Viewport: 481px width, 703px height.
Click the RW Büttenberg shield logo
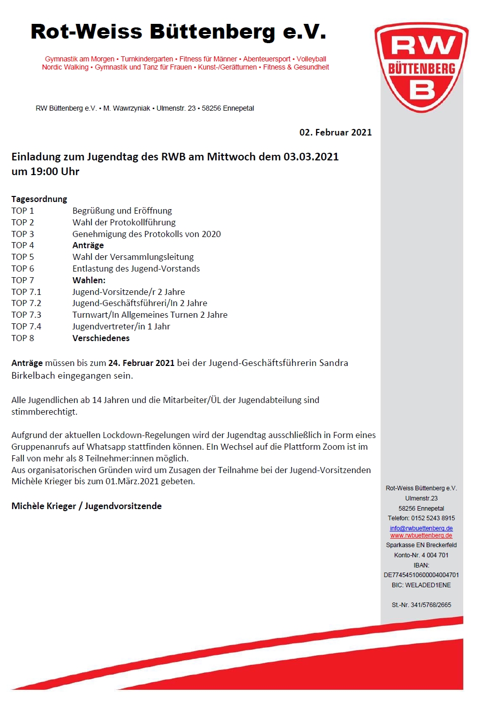click(421, 67)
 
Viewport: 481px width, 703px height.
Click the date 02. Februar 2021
click(335, 132)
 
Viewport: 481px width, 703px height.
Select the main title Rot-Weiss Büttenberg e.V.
click(178, 31)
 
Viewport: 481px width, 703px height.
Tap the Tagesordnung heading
click(39, 199)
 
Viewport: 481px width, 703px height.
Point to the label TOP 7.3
click(26, 315)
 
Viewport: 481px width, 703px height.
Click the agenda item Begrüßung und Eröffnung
click(122, 211)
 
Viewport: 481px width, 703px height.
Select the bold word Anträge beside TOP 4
click(88, 245)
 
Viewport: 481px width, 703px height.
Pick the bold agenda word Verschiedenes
click(101, 338)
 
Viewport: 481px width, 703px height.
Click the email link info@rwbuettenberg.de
click(421, 528)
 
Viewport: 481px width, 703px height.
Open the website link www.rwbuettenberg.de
click(421, 535)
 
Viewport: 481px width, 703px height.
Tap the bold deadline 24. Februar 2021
click(141, 363)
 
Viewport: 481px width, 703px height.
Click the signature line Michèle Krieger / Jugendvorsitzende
click(86, 506)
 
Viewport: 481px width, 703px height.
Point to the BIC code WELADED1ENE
click(428, 585)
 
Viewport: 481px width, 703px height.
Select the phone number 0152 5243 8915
click(433, 518)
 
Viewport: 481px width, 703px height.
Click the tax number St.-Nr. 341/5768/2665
click(421, 605)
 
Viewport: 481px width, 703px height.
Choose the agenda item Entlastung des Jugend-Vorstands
click(136, 269)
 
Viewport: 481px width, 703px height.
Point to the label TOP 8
click(23, 338)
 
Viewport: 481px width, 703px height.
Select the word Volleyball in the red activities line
click(311, 59)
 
